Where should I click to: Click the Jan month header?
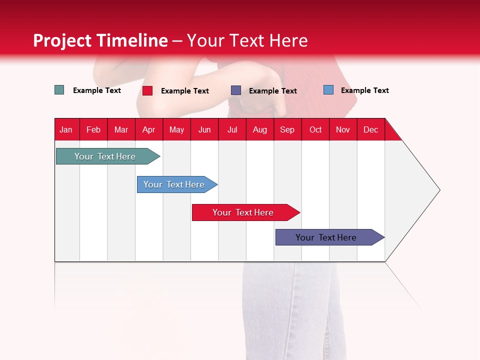pos(66,130)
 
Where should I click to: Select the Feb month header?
pos(93,130)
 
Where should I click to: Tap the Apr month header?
pos(149,130)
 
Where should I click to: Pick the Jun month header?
pos(204,130)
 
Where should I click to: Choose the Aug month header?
pos(260,130)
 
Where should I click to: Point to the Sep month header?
pos(287,130)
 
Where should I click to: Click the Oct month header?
pos(315,130)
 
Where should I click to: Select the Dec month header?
pos(371,130)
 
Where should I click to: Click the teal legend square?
pos(59,90)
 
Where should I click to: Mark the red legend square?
pos(147,90)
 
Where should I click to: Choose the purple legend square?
pos(236,90)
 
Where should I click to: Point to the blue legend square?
pos(328,90)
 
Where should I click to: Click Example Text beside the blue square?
pos(364,90)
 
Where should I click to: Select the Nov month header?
pos(343,130)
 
